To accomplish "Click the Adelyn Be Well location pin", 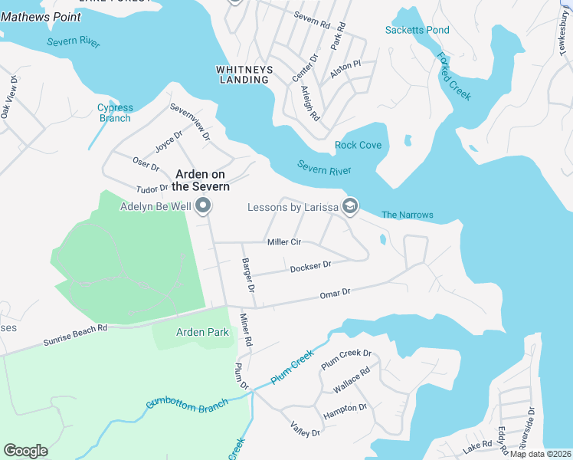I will pyautogui.click(x=203, y=205).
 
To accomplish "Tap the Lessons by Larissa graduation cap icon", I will pyautogui.click(x=350, y=205).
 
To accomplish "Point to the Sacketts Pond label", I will pyautogui.click(x=417, y=30).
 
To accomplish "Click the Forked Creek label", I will pyautogui.click(x=454, y=76).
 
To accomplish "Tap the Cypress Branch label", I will pyautogui.click(x=115, y=113).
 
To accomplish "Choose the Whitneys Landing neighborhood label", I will pyautogui.click(x=244, y=74).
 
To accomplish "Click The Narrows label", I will pyautogui.click(x=408, y=215).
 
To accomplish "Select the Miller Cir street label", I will pyautogui.click(x=283, y=242).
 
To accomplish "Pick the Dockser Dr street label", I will pyautogui.click(x=310, y=266).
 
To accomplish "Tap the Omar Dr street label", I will pyautogui.click(x=335, y=293).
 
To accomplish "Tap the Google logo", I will pyautogui.click(x=25, y=450).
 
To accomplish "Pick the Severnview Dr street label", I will pyautogui.click(x=190, y=121).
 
